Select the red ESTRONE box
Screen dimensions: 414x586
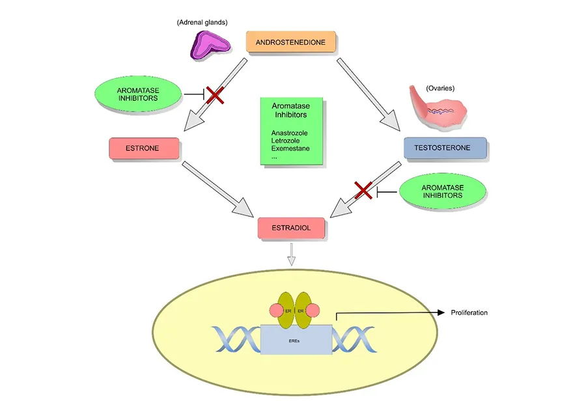pos(142,148)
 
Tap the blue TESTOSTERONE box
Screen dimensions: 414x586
pos(445,148)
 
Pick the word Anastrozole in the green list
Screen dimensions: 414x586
pos(290,133)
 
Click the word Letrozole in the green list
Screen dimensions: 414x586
pos(286,141)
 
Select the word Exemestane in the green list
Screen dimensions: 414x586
pos(290,148)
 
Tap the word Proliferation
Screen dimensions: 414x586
pos(469,313)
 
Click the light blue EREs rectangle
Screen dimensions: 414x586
pos(296,339)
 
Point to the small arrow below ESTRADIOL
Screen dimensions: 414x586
pos(292,254)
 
